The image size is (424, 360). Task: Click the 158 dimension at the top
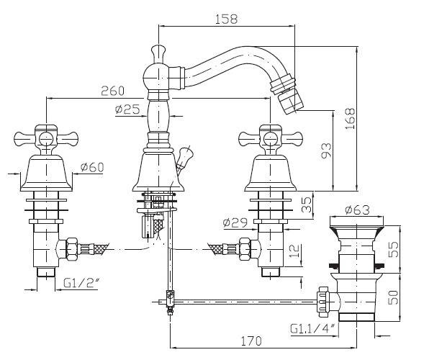pos(226,19)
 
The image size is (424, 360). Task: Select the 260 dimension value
pos(112,91)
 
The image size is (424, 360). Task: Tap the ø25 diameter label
pos(127,109)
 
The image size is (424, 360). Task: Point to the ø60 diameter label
pos(92,168)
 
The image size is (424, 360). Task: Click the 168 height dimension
pos(350,119)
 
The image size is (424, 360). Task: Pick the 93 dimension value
pos(326,150)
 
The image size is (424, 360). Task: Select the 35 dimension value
pos(307,204)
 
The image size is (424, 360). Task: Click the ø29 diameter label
pos(235,222)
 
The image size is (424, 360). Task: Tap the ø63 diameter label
pos(357,210)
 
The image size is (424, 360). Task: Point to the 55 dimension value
pos(393,249)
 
